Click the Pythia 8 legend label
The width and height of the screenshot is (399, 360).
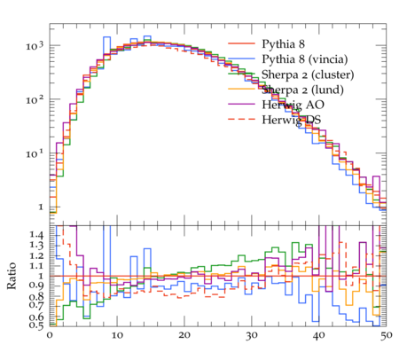[x=283, y=44]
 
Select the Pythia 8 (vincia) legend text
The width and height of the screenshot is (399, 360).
[x=305, y=59]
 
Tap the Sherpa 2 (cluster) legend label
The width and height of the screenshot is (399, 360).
[x=308, y=74]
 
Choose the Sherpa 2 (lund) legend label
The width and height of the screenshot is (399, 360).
[x=302, y=90]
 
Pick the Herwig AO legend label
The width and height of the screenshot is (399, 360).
[x=293, y=105]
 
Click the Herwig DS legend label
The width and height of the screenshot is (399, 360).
[x=292, y=120]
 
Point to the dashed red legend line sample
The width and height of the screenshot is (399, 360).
[x=241, y=119]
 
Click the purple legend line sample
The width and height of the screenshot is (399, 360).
[x=241, y=104]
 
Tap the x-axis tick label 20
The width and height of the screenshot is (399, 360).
[x=184, y=336]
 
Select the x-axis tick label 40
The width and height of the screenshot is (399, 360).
[x=319, y=336]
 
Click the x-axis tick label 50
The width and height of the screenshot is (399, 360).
[x=387, y=336]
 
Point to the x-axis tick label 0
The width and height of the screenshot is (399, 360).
[x=50, y=336]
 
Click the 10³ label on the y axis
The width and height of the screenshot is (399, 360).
[x=35, y=46]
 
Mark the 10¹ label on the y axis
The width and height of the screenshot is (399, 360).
[x=35, y=153]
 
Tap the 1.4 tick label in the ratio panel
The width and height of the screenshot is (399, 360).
[x=36, y=235]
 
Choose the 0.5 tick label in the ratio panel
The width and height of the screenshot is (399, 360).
[x=36, y=325]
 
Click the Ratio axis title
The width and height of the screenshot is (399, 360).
[x=12, y=276]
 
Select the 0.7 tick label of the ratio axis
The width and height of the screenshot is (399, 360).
[x=36, y=304]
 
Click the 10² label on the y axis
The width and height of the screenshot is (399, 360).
[x=35, y=99]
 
